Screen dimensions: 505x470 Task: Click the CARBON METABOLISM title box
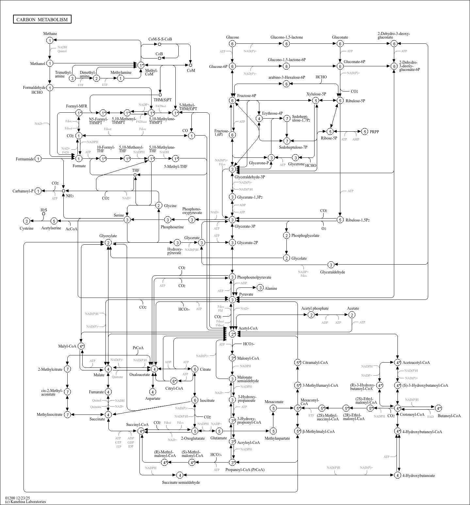coord(42,19)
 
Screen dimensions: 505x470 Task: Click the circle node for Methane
coord(50,40)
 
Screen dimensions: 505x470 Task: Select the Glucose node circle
coord(232,44)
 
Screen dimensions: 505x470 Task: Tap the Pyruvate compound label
coord(246,294)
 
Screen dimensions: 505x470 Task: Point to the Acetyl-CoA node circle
coord(232,334)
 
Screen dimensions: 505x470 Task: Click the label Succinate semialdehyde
coord(181,482)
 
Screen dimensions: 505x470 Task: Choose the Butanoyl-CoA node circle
coord(438,408)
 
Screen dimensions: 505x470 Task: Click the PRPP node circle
coord(365,132)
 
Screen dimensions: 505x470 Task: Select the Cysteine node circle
coord(27,221)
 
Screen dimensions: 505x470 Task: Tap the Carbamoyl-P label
coord(23,191)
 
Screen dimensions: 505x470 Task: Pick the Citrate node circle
coord(195,369)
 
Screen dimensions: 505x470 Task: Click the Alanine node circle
coord(260,288)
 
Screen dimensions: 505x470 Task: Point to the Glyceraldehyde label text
coord(332,272)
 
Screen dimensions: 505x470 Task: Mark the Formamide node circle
coord(38,159)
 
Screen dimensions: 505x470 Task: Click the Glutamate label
coord(219,438)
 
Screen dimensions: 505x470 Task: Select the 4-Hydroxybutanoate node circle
coord(397,475)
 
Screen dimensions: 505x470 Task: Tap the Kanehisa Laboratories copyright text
coord(25,502)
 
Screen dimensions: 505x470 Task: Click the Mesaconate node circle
coord(274,408)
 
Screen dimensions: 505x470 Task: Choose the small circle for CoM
coord(190,65)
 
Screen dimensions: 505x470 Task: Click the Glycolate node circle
coord(286,258)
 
